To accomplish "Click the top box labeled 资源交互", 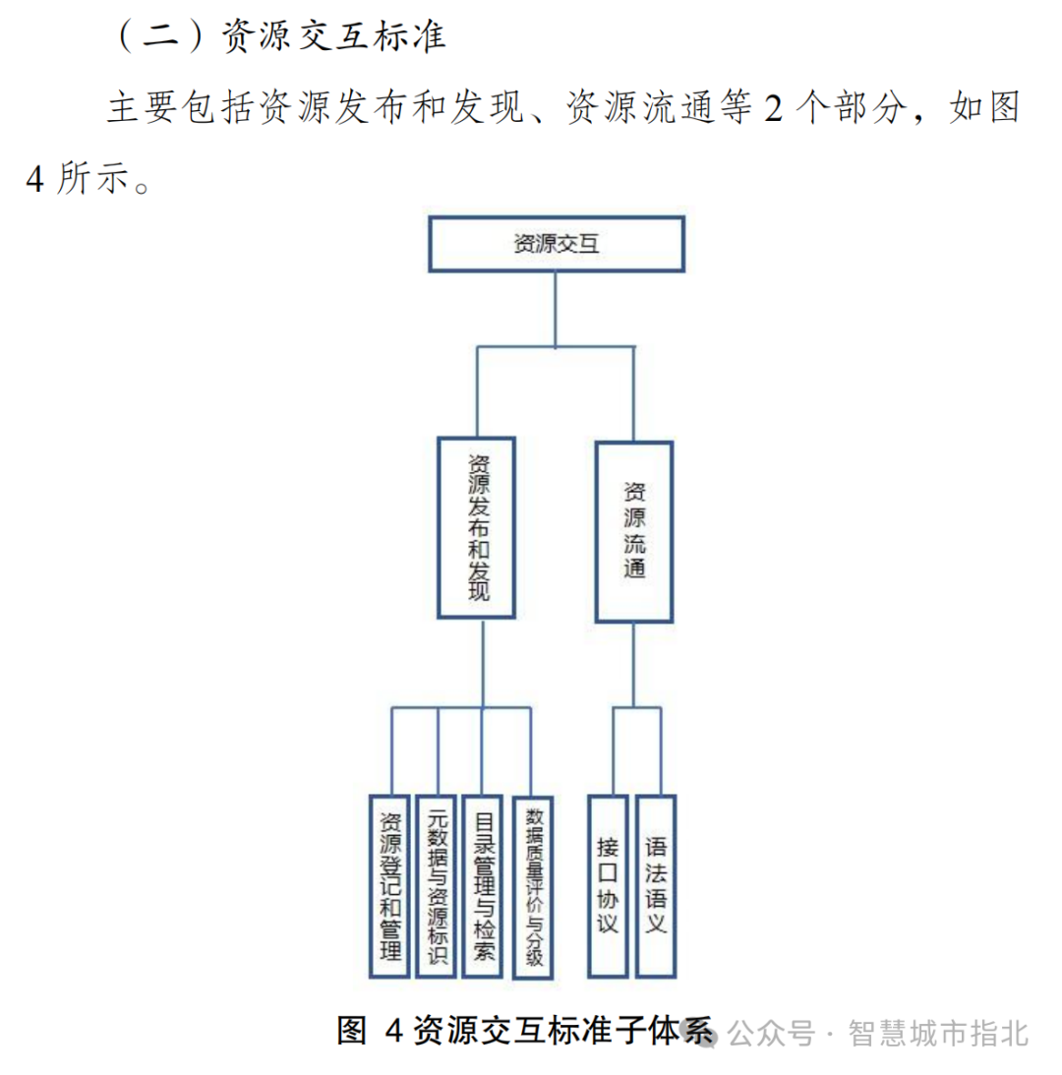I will (x=556, y=245).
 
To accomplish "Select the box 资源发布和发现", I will (x=477, y=529).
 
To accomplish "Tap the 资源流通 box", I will (x=634, y=531).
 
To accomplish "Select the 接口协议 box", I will (x=608, y=885).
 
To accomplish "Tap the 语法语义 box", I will (x=656, y=885).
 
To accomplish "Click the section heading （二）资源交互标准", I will (x=280, y=36).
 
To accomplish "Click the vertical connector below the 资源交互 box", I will (x=556, y=309).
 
